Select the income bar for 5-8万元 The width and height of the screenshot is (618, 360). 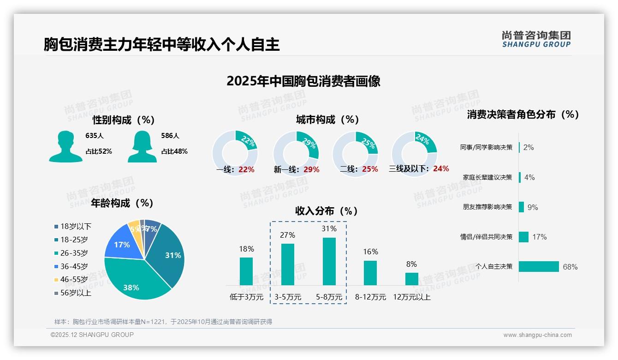(329, 261)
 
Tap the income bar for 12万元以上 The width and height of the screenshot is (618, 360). (411, 279)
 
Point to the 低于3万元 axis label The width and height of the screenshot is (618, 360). (246, 297)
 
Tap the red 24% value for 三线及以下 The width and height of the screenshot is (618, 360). (441, 169)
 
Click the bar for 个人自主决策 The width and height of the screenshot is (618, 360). (539, 267)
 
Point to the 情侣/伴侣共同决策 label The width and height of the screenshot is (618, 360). (486, 237)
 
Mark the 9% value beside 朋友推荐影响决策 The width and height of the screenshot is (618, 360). (533, 207)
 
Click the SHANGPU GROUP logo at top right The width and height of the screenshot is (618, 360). (536, 39)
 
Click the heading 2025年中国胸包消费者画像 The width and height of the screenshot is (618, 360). (303, 81)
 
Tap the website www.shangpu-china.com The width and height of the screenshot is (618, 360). (537, 335)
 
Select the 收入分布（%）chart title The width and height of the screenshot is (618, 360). (327, 211)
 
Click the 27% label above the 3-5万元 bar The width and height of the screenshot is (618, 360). (287, 235)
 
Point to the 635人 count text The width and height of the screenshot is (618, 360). (95, 136)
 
